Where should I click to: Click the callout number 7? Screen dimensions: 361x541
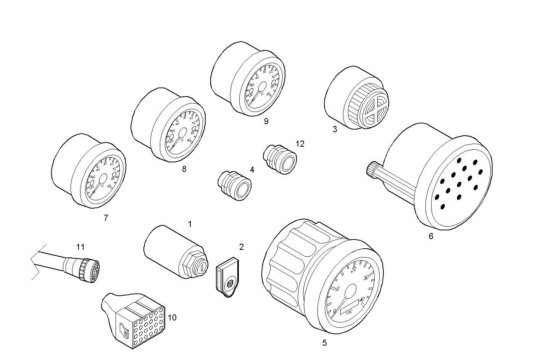[x=106, y=218]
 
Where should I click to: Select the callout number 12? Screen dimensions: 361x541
[x=300, y=144]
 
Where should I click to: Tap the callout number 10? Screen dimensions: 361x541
[x=172, y=317]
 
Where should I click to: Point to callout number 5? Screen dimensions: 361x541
[x=324, y=343]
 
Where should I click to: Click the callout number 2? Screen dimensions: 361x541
[x=241, y=247]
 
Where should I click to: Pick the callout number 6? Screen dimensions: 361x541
[x=431, y=236]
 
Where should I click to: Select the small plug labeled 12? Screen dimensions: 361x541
[x=280, y=159]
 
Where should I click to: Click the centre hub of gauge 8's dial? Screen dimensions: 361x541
[x=182, y=133]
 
